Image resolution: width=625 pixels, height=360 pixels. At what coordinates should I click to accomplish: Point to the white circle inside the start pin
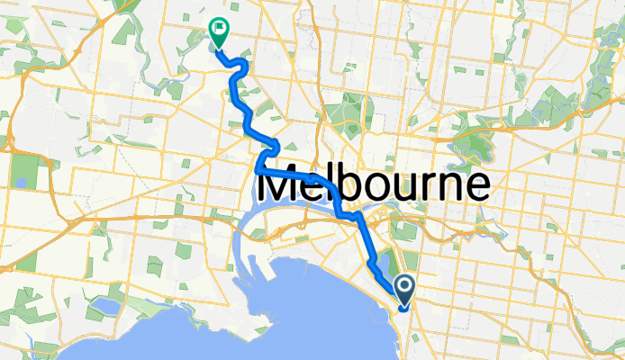tap(404, 287)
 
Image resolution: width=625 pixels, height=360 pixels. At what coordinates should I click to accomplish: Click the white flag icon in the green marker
tap(219, 29)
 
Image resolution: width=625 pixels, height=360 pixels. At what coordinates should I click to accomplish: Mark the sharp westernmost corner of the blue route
tap(258, 167)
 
